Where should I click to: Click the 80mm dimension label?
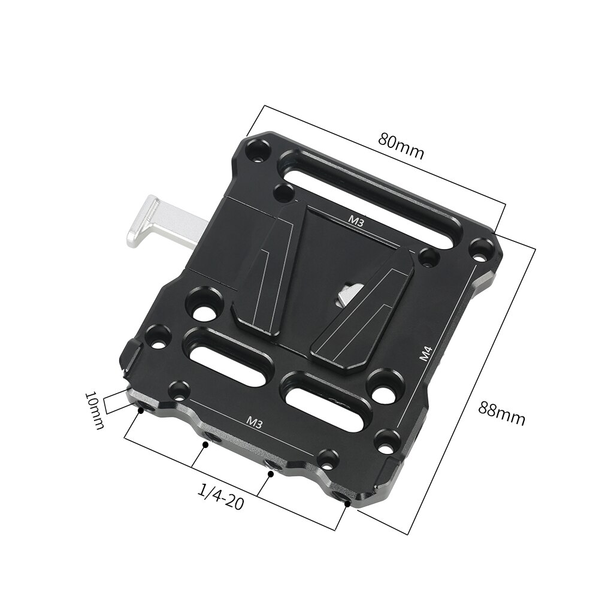tap(401, 146)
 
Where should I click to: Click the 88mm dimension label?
tap(501, 413)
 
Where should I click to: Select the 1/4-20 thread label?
tap(220, 497)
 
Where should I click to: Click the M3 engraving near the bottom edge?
tap(255, 422)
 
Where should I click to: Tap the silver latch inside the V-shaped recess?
tap(346, 294)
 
